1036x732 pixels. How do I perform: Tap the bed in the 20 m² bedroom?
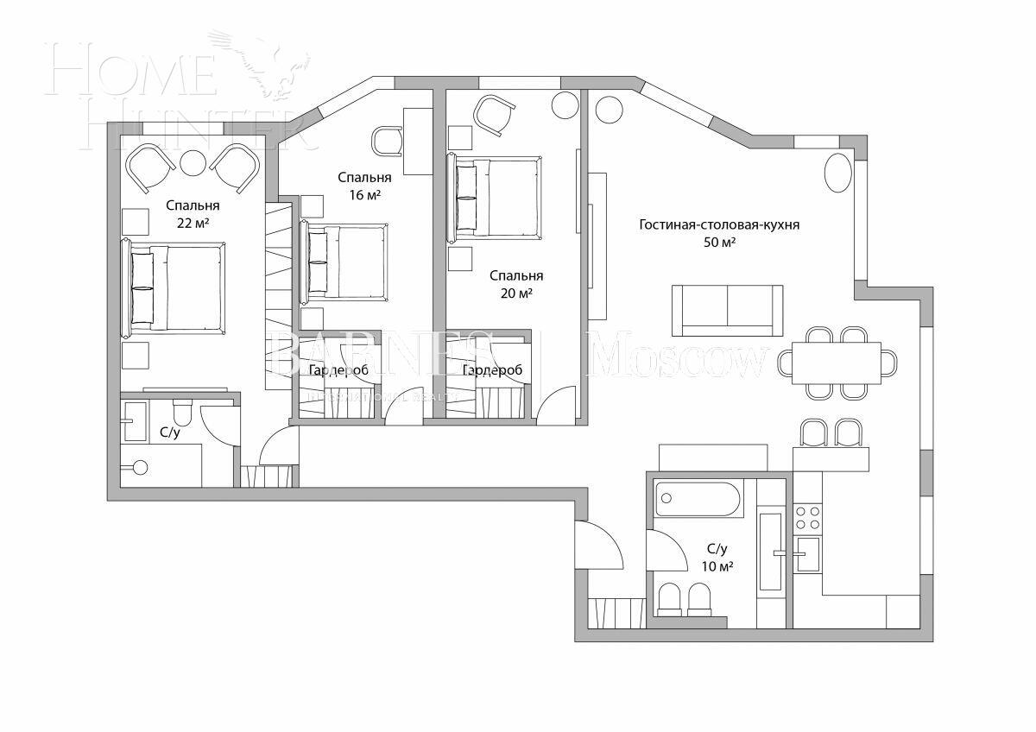[x=495, y=199]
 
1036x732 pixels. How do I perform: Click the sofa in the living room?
[x=727, y=311]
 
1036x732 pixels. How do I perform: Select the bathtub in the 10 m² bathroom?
[x=698, y=499]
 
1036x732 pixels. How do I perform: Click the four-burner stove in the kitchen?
[x=807, y=517]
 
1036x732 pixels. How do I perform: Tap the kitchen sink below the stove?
[x=807, y=553]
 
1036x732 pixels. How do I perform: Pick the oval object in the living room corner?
[x=837, y=174]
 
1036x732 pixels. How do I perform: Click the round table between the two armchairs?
[x=193, y=163]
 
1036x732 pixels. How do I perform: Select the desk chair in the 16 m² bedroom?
[x=387, y=140]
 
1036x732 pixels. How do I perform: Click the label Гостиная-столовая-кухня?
[x=719, y=225]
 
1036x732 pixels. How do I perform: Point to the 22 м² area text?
[x=193, y=224]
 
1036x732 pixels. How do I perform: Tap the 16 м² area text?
[x=364, y=195]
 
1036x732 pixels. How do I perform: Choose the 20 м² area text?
[x=516, y=293]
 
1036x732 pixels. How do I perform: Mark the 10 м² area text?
[x=718, y=566]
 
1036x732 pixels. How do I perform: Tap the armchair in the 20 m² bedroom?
[x=495, y=115]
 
